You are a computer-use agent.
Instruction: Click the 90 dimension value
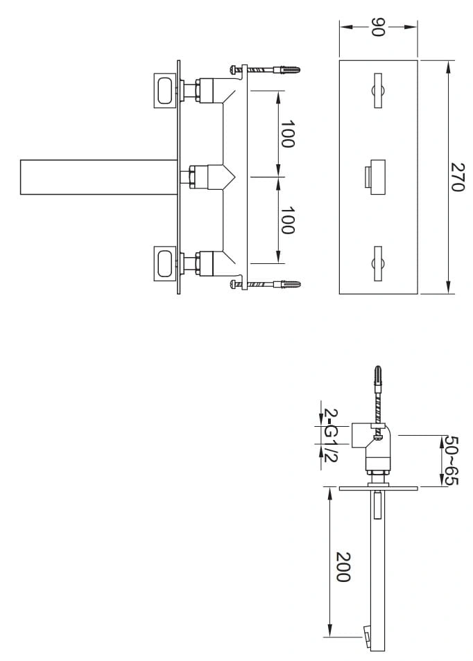[379, 27]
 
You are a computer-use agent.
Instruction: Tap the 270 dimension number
[457, 177]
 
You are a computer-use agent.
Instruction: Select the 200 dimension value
[343, 567]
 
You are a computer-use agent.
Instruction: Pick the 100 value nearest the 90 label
[287, 134]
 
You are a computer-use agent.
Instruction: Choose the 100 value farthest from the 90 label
[287, 220]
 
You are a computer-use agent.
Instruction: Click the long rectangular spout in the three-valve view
[98, 177]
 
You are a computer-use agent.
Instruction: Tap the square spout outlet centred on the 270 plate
[375, 177]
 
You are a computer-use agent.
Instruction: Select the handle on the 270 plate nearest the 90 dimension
[378, 91]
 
